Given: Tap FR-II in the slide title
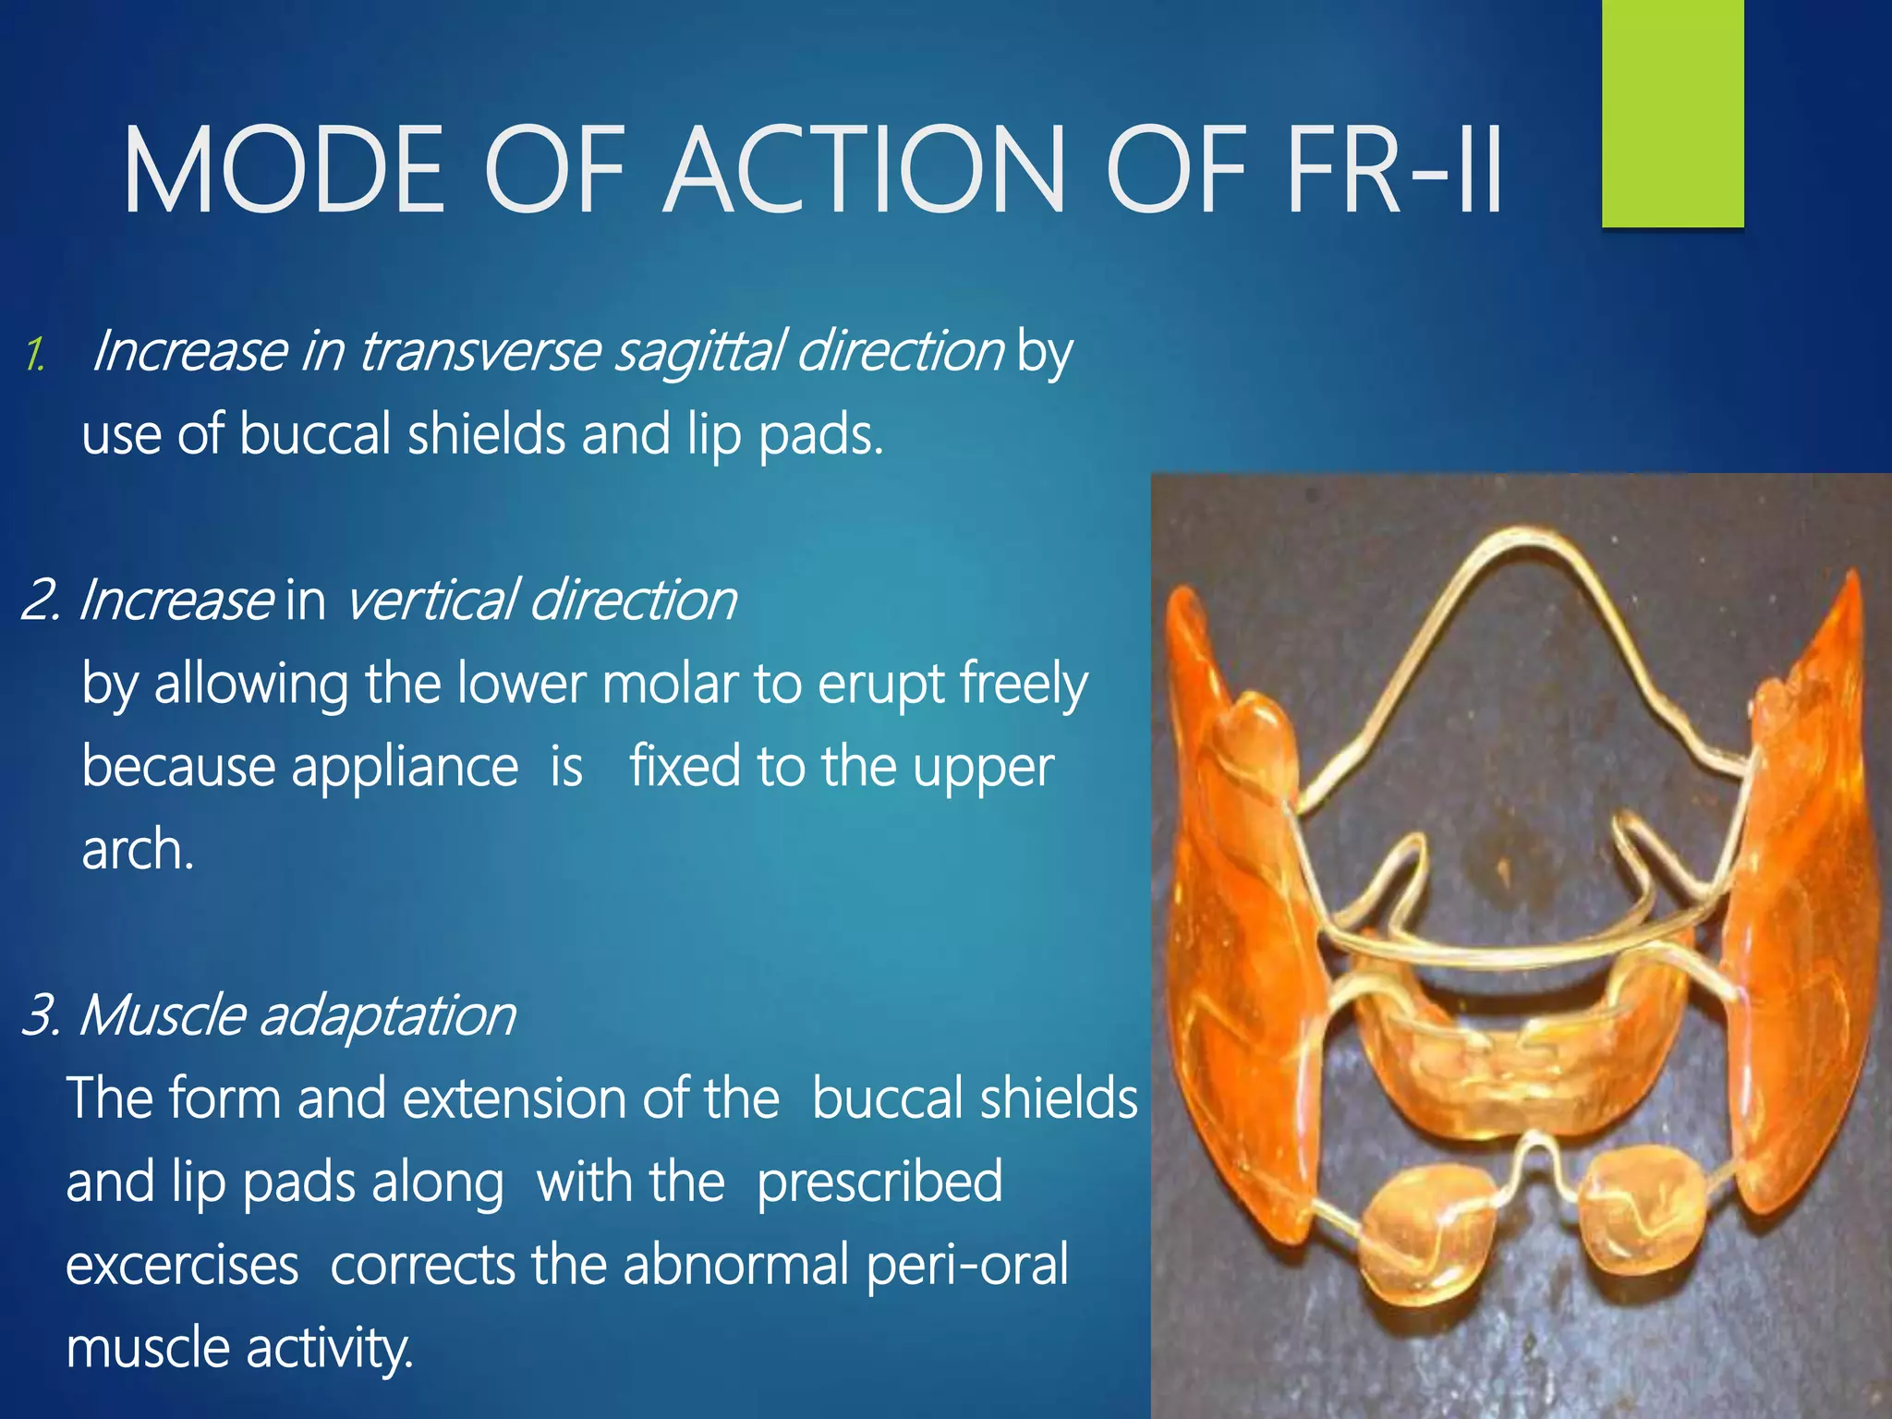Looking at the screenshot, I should coord(1394,171).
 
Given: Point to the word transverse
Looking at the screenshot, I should coord(479,352).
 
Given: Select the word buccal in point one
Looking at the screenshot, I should coord(316,434).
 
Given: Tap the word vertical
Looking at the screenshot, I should coord(430,600).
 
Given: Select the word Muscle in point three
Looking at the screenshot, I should coord(163,1016).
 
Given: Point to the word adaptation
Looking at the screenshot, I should coord(387,1016).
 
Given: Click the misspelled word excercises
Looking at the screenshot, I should coord(182,1266).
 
